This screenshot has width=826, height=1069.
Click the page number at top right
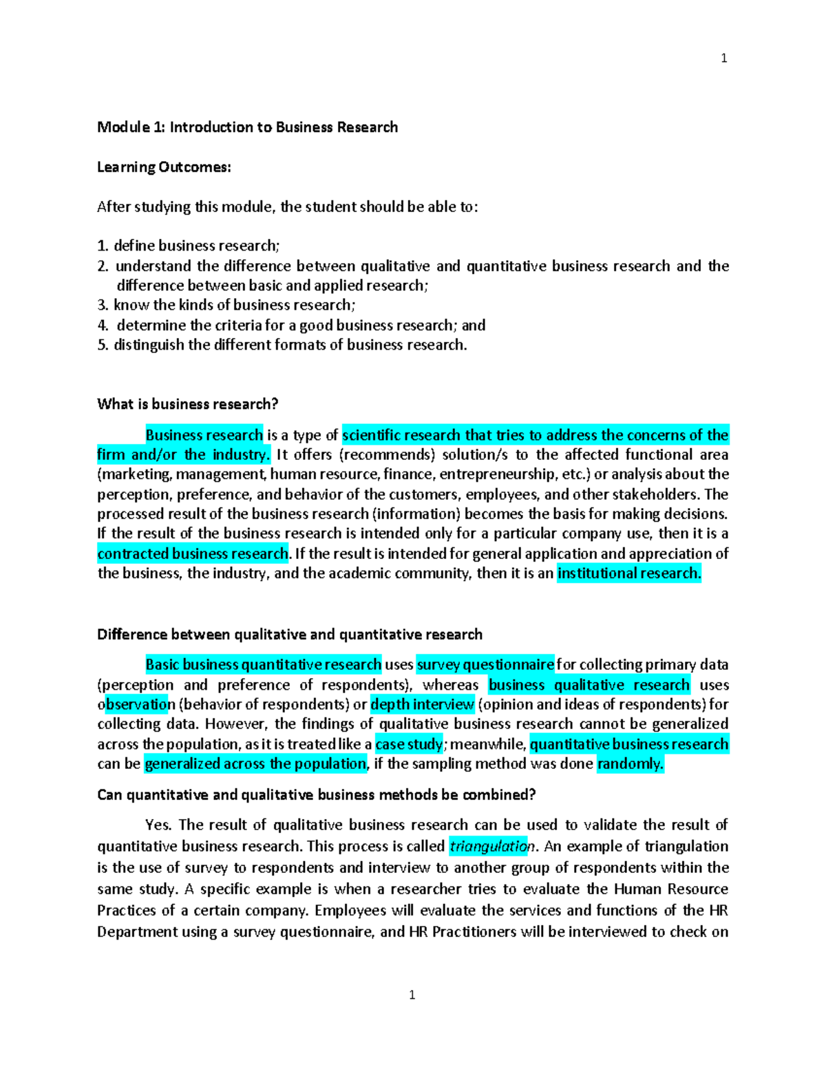point(723,59)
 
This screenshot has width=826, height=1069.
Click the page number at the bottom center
point(412,995)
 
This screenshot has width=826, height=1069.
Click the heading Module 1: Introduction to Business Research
point(247,127)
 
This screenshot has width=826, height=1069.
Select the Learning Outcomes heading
point(164,167)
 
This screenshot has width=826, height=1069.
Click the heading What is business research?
point(187,404)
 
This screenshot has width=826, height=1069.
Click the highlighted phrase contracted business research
point(193,553)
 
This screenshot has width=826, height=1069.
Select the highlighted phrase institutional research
point(628,573)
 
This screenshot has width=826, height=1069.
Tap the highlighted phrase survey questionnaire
point(485,665)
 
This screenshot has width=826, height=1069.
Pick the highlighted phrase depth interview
point(422,704)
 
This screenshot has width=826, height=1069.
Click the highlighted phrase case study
point(409,744)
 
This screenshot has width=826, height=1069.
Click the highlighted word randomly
point(630,764)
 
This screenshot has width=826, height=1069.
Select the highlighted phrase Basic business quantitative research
point(263,665)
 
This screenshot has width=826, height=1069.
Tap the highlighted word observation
point(136,704)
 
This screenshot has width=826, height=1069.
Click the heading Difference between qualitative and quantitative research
point(289,635)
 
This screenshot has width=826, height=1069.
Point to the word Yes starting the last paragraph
point(158,825)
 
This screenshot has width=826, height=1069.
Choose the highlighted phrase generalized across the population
point(255,764)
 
